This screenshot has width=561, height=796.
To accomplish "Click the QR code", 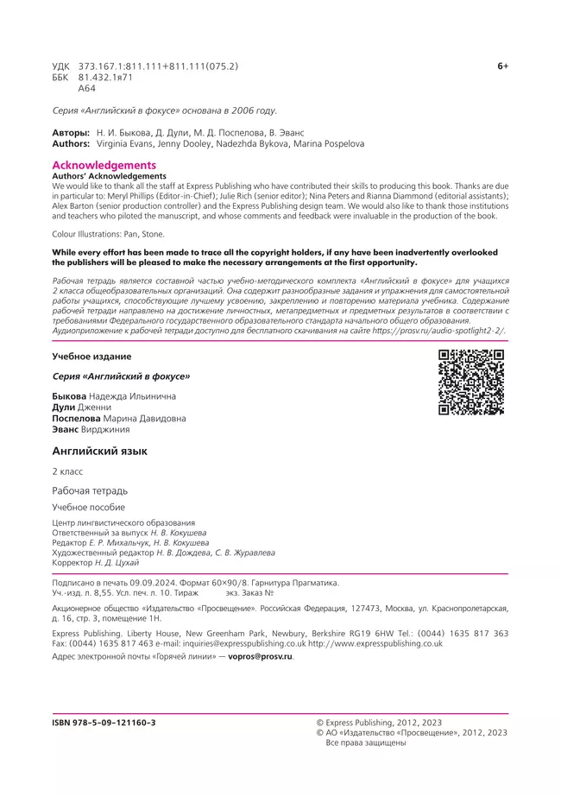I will point(471,382).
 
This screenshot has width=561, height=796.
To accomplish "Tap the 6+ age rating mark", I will point(502,66).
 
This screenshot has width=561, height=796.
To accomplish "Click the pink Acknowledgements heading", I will point(104,165).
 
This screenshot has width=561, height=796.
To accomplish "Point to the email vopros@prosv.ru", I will point(260,657).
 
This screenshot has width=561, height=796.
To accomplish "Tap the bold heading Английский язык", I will point(99,452).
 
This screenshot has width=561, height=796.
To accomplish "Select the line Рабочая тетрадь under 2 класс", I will point(90,490).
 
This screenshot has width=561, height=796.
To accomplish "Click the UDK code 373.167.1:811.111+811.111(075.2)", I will point(158,66).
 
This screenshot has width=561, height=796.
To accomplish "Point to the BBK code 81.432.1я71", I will point(105,78).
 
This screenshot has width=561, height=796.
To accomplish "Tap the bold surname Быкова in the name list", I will point(70,395).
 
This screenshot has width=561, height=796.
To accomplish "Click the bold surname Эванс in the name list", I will point(66,429).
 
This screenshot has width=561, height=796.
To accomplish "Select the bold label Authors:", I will point(72,144).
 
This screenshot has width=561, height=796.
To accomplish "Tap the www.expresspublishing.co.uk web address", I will point(375,643).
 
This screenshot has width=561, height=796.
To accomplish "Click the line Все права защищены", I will point(364,742).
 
